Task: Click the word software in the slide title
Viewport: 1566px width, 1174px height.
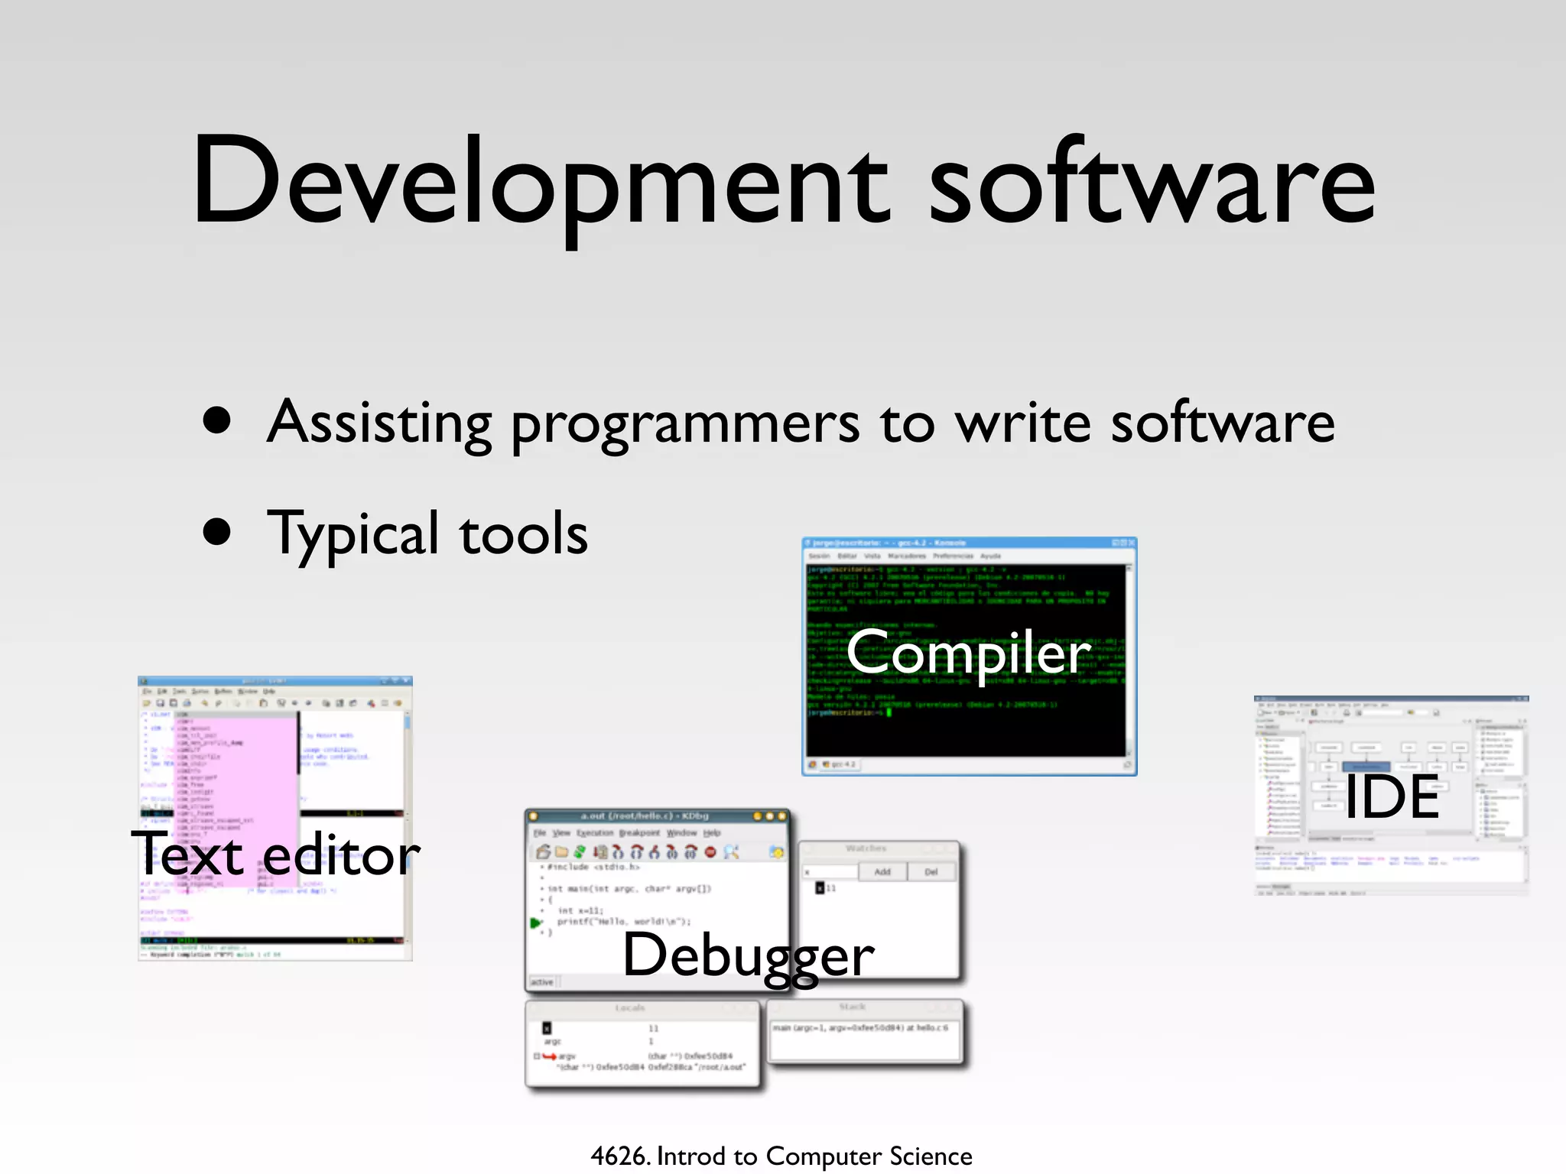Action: [x=1152, y=183]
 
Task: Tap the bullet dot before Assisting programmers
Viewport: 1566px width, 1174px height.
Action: [x=217, y=420]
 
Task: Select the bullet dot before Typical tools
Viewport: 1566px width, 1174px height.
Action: [x=217, y=532]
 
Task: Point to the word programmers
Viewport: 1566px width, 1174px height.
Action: [x=685, y=425]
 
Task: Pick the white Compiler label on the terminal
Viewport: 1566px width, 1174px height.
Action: [x=968, y=653]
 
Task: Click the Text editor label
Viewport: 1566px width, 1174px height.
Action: [x=275, y=855]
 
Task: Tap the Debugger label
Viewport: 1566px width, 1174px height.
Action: [x=748, y=955]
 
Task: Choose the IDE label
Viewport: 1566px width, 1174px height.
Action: [x=1392, y=796]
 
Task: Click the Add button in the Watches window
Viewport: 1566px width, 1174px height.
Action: [x=882, y=871]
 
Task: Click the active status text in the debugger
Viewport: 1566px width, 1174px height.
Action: [x=542, y=982]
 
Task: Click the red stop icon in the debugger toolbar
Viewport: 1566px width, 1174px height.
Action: [x=710, y=851]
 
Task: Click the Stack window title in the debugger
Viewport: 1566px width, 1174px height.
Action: [x=852, y=1007]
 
